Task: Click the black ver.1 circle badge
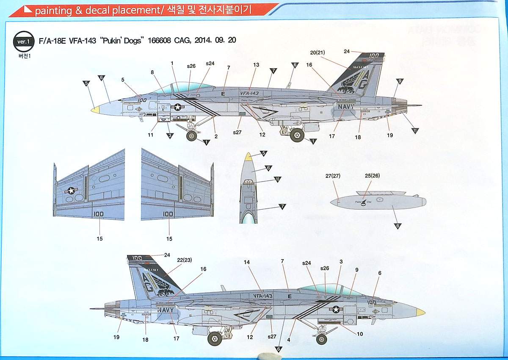coord(23,41)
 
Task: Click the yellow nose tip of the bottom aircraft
coord(420,313)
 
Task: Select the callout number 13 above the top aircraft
coord(256,65)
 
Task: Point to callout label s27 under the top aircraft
coord(237,133)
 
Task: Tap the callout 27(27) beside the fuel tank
coord(333,175)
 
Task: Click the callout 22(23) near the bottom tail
coord(185,260)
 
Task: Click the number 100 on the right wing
coord(168,214)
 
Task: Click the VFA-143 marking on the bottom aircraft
coord(262,296)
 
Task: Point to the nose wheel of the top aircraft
coord(192,136)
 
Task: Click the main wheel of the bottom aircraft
coord(215,338)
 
